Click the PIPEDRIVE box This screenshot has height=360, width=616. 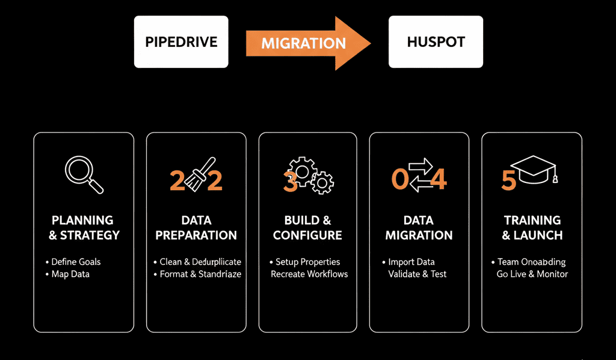click(180, 42)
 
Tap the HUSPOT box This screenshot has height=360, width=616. click(436, 42)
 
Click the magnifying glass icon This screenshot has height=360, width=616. click(83, 175)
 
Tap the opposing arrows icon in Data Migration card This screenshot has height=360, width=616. click(421, 175)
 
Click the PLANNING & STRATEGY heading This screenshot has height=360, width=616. click(83, 228)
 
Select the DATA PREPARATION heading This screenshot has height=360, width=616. click(196, 228)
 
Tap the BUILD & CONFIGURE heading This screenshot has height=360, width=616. click(307, 228)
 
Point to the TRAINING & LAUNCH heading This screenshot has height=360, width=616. click(532, 228)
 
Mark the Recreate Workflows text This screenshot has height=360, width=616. click(309, 274)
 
